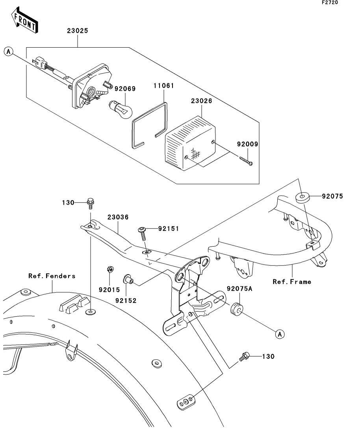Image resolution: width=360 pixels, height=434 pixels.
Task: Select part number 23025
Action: (77, 30)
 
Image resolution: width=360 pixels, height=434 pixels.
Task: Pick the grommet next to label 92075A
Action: (236, 309)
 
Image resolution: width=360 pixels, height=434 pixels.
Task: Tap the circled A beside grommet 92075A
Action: (279, 334)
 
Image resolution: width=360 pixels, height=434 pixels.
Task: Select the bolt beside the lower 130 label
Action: (243, 357)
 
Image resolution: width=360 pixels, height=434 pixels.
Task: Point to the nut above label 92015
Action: (111, 270)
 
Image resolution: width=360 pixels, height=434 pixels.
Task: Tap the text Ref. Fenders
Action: (52, 276)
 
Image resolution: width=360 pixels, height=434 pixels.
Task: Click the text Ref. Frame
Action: (292, 282)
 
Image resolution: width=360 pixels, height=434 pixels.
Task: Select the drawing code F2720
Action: (330, 2)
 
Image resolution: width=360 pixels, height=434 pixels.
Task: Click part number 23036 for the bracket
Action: (117, 217)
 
